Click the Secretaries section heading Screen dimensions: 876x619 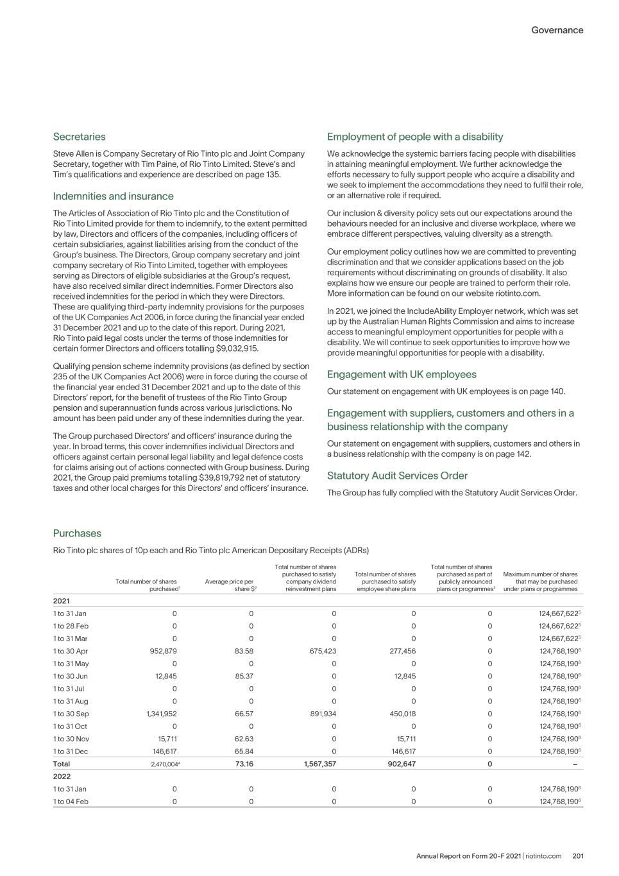(79, 137)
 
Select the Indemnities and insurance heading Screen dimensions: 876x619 (113, 196)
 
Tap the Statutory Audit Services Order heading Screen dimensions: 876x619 (397, 476)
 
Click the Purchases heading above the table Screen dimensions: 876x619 (77, 533)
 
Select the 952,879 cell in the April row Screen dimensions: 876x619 (163, 651)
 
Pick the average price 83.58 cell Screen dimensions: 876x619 (244, 651)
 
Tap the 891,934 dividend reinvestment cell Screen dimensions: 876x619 (323, 714)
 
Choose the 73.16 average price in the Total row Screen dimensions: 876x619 (244, 764)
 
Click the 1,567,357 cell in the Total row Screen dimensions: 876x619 (319, 764)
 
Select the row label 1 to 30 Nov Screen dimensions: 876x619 (71, 739)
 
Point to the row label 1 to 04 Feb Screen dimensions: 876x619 (71, 802)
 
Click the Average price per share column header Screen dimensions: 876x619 (230, 585)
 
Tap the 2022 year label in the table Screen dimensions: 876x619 (62, 777)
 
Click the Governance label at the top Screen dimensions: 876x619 (557, 30)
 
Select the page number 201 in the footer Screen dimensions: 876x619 (577, 856)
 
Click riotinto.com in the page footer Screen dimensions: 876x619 (543, 856)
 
